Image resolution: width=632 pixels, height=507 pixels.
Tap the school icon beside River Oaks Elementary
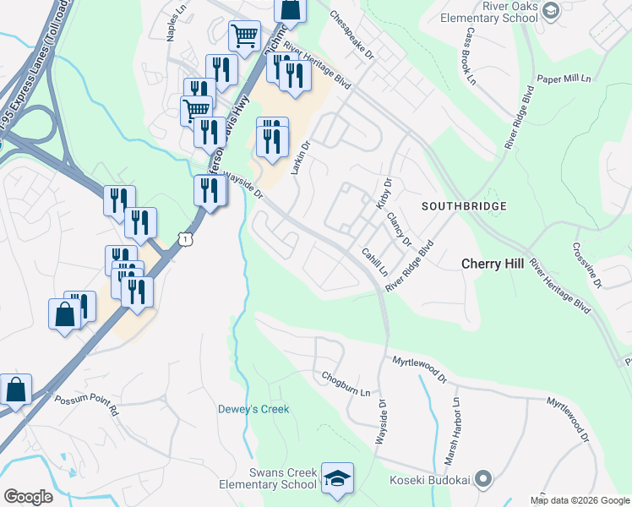click(x=551, y=10)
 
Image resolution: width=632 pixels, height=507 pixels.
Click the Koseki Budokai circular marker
click(x=484, y=479)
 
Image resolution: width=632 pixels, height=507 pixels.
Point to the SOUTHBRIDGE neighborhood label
click(x=464, y=206)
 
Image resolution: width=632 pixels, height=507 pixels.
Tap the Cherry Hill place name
click(x=493, y=264)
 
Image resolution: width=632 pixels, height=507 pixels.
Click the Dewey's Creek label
click(x=253, y=409)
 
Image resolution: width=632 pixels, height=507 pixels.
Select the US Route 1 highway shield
click(x=183, y=240)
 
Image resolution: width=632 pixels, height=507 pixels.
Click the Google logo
click(x=28, y=497)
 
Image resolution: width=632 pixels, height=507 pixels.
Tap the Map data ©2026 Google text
click(x=579, y=500)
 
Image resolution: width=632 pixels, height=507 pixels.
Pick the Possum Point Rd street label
click(x=88, y=404)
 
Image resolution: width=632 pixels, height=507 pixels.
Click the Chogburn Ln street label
click(x=346, y=384)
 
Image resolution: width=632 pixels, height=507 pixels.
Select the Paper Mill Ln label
click(x=561, y=79)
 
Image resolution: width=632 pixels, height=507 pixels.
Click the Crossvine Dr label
click(x=586, y=265)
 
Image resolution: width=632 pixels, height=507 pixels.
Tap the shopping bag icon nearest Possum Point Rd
click(x=16, y=390)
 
